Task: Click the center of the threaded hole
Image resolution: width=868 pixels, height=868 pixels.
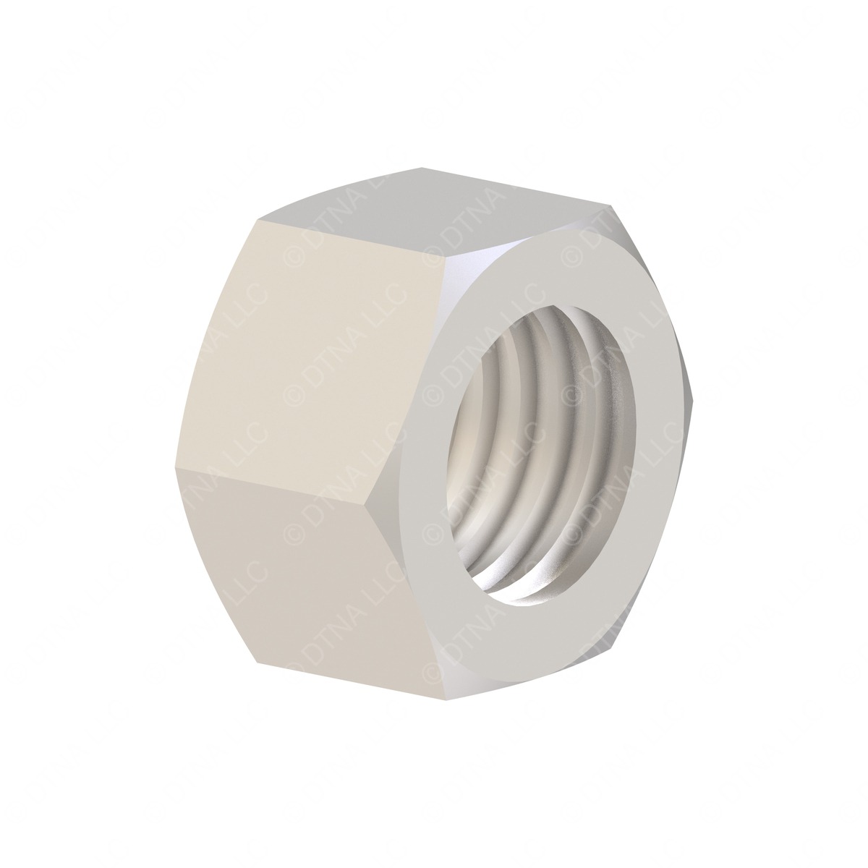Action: point(542,463)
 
